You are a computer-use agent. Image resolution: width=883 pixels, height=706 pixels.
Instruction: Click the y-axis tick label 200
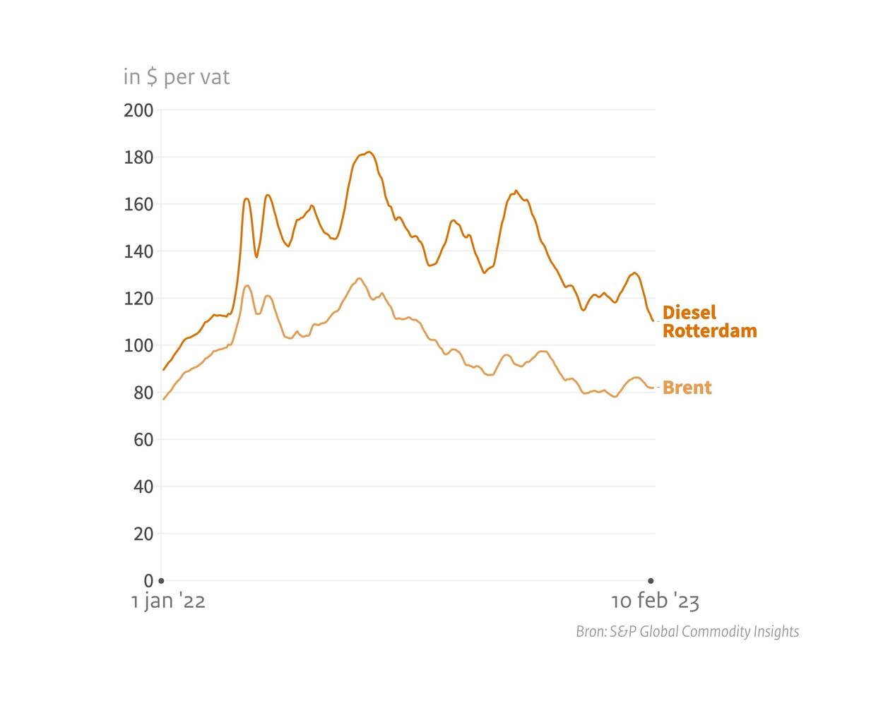point(138,110)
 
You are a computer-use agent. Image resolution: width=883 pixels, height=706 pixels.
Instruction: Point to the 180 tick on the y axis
point(138,157)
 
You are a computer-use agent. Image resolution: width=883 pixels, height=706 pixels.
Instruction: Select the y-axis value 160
point(138,205)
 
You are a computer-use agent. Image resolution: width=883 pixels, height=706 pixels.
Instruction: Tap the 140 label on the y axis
point(138,251)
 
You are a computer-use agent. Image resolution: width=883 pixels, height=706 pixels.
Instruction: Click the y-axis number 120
point(138,299)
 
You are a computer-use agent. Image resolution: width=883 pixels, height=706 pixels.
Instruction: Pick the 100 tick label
point(138,346)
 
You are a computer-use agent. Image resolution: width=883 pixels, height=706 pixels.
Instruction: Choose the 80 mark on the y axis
point(143,393)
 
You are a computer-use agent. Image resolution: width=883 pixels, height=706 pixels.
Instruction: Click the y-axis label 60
point(143,440)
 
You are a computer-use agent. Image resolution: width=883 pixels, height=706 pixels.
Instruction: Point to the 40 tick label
point(143,487)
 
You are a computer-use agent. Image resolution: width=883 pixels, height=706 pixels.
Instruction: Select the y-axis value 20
point(143,534)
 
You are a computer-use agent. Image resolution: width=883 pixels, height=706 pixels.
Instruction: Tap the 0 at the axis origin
point(148,581)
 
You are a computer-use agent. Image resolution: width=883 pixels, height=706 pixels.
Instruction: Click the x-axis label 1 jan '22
point(168,602)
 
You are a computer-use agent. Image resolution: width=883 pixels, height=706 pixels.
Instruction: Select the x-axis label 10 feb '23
point(655,602)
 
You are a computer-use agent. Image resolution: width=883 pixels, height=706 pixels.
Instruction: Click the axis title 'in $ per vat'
point(177,76)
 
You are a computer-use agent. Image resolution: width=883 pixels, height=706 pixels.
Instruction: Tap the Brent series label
point(687,388)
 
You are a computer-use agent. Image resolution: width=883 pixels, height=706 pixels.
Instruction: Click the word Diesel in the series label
point(689,312)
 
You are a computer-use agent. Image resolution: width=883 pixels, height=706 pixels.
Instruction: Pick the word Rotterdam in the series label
point(709,330)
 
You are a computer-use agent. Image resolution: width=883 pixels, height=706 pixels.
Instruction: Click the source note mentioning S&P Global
point(687,632)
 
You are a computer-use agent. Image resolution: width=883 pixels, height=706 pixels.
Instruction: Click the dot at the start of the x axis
point(161,581)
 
